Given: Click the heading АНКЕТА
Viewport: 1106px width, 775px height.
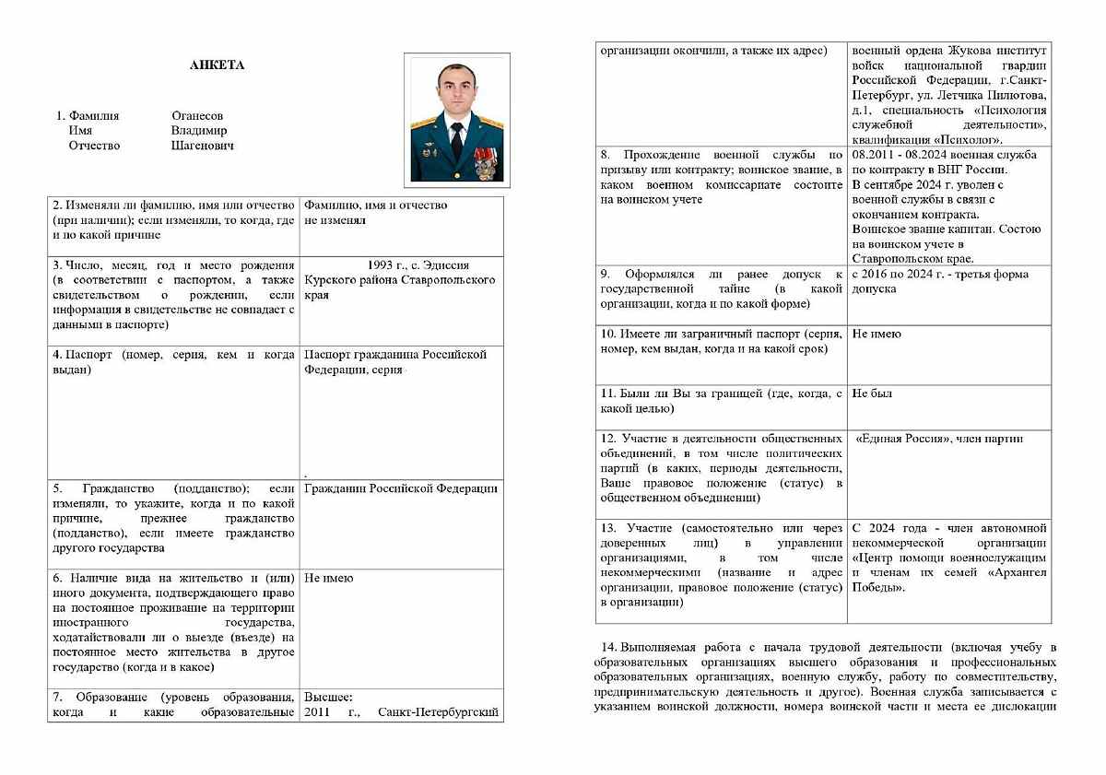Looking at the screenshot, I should pos(217,65).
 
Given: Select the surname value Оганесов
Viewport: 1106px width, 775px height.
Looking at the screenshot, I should pos(197,116).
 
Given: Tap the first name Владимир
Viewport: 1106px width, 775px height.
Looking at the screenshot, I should pos(198,131).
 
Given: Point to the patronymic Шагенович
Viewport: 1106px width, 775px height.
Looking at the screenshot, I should pos(202,146).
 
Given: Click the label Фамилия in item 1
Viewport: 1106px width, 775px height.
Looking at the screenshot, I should pos(94,116).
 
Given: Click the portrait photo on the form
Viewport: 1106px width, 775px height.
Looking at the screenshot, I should pos(456,119).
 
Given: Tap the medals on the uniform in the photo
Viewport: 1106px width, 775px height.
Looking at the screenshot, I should pos(482,159).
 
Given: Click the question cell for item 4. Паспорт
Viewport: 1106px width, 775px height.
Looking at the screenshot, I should pos(173,362).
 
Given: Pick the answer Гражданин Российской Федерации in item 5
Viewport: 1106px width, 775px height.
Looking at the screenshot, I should pos(401,488).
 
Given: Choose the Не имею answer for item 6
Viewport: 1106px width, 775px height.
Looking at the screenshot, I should pos(328,578).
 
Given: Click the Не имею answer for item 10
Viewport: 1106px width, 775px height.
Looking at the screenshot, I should pos(877,334).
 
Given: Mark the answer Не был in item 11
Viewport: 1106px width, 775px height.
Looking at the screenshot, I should pos(871,393).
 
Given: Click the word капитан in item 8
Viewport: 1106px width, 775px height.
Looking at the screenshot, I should pos(966,229).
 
